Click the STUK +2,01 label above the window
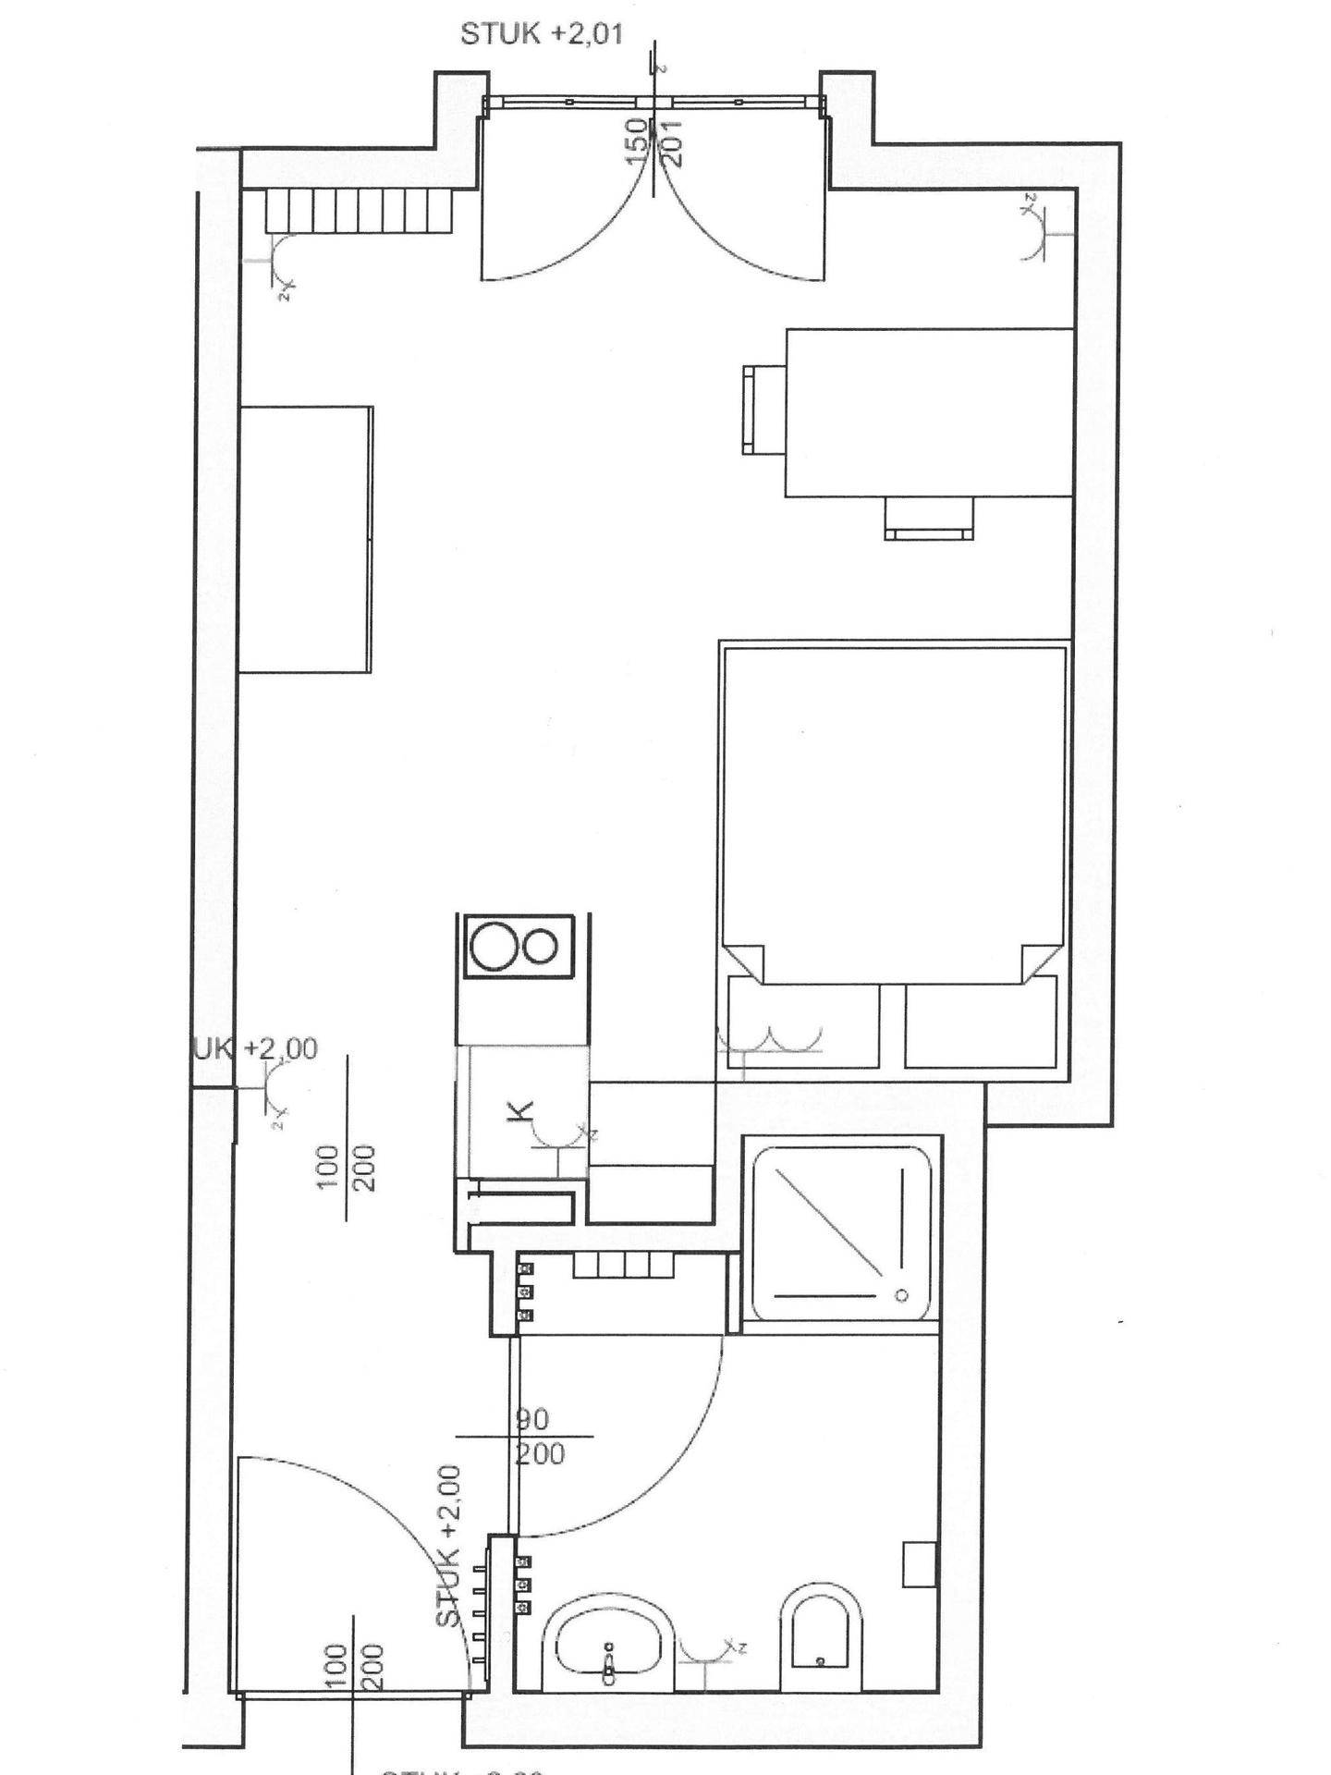[x=542, y=34]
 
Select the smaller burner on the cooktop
[x=540, y=946]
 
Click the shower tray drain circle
[x=901, y=1296]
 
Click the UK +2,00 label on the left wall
[x=255, y=1048]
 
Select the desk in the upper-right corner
[x=928, y=412]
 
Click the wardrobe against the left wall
[x=305, y=539]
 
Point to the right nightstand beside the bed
[x=981, y=1024]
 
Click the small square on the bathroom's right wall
[x=920, y=1564]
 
